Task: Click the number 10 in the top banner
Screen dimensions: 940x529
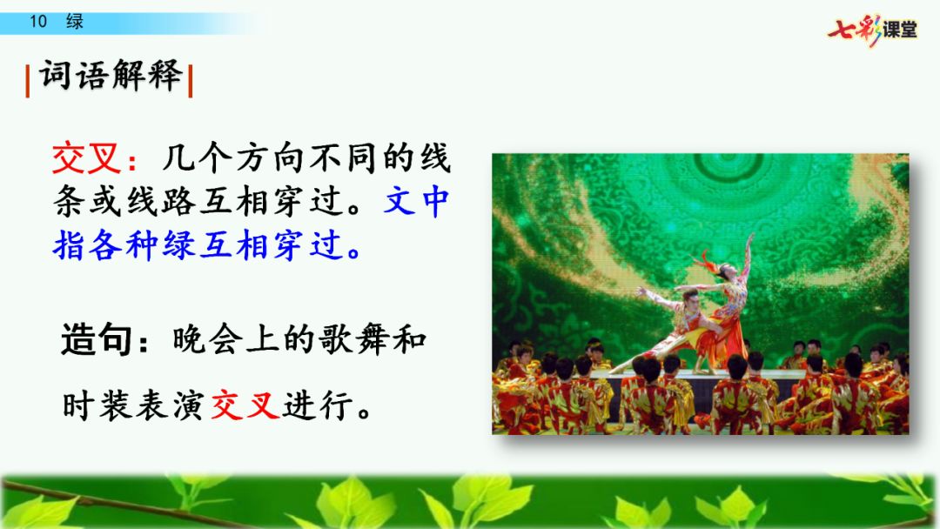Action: click(x=38, y=22)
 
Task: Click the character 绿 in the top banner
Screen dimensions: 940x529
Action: click(x=75, y=22)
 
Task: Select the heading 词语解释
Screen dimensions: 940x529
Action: click(x=111, y=76)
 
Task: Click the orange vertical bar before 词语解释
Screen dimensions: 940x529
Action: click(x=28, y=81)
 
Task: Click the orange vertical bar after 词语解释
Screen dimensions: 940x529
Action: click(x=190, y=81)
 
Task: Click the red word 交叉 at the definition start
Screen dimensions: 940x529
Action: click(x=87, y=158)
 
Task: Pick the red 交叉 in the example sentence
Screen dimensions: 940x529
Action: click(x=245, y=405)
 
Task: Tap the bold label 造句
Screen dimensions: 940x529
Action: click(x=97, y=339)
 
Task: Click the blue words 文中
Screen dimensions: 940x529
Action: click(x=416, y=201)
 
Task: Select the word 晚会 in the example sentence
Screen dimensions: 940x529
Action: click(x=207, y=339)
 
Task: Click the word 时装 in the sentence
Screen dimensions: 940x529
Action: click(x=97, y=405)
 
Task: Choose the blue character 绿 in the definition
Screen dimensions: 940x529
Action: click(x=178, y=245)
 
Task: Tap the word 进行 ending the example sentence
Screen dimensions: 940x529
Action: click(x=318, y=405)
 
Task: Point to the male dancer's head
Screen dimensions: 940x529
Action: click(x=690, y=297)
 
